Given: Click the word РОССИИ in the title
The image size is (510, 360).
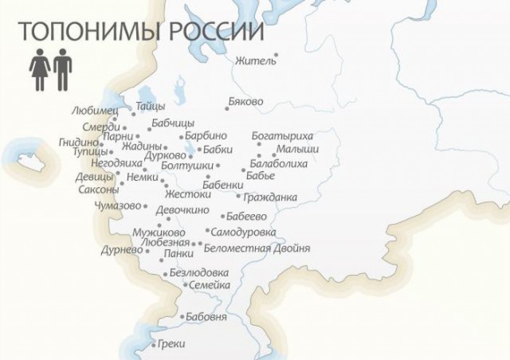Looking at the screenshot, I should click(214, 32).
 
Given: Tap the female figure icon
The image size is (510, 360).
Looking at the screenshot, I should click(39, 72).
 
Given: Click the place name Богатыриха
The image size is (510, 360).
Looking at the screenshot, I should click(282, 135).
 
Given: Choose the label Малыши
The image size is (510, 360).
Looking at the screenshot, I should click(297, 149).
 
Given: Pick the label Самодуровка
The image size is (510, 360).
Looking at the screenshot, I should click(243, 232).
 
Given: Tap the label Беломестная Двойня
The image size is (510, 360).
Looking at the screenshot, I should click(257, 248).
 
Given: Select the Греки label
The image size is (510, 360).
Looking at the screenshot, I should click(171, 345).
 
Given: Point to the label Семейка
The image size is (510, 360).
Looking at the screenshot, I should click(210, 285).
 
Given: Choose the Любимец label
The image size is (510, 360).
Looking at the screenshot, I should click(94, 111).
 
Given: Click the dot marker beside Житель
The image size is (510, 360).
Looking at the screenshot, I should click(276, 56).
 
